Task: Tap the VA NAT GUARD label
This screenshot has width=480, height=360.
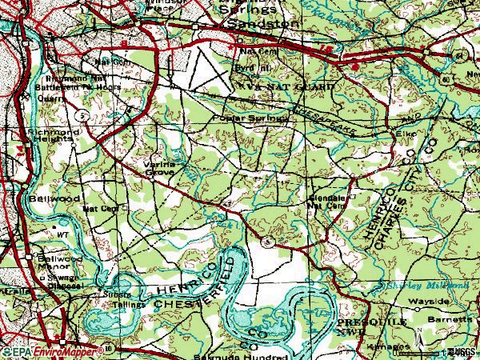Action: (275, 82)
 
